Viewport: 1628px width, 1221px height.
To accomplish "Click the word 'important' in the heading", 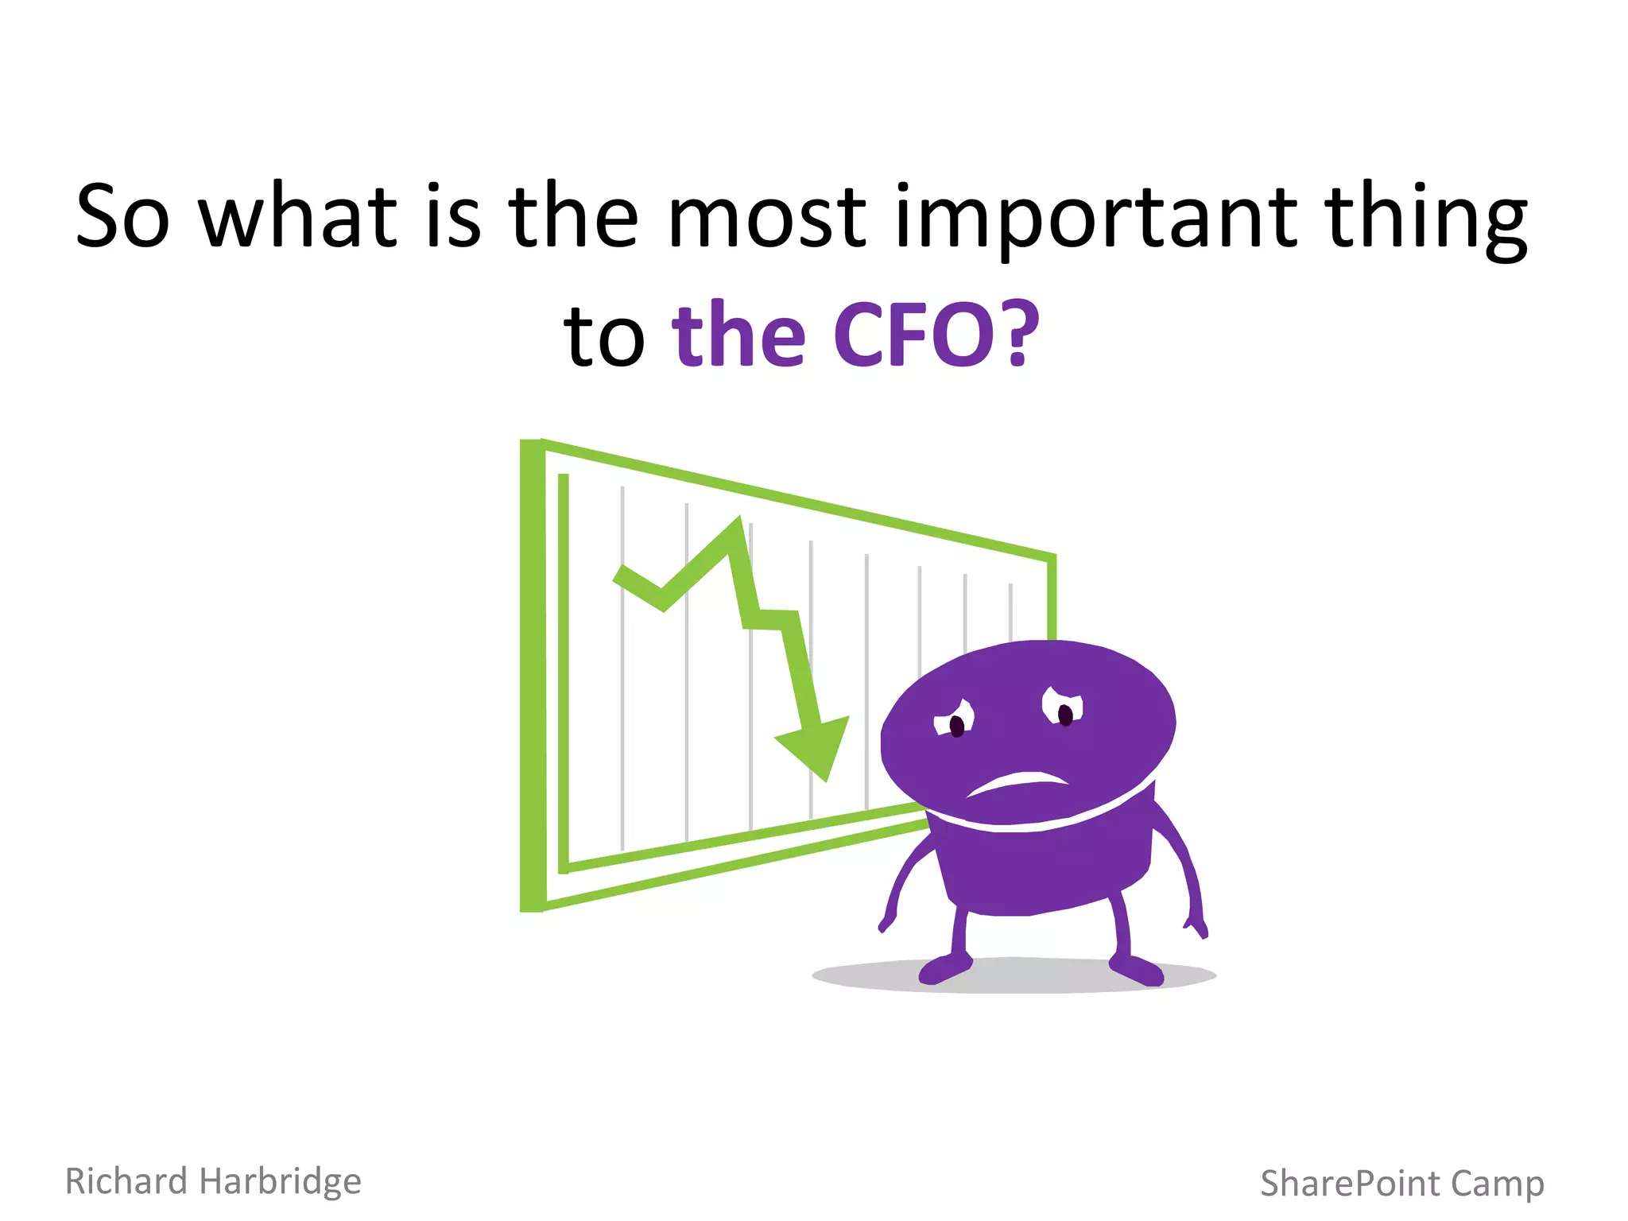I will click(1095, 219).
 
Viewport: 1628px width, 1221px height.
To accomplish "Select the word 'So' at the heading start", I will click(122, 216).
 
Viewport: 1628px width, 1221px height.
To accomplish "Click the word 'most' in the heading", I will click(766, 216).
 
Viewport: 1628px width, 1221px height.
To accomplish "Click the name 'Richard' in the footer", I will click(126, 1180).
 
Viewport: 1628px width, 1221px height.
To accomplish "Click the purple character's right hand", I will click(1197, 925).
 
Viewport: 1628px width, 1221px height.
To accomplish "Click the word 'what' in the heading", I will click(297, 216).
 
